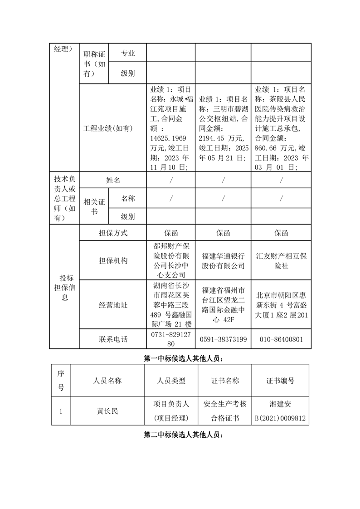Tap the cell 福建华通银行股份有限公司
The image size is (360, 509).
pos(223,260)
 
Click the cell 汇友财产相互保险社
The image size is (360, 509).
pos(281,260)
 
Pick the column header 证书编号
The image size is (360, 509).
pos(280,381)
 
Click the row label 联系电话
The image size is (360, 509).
pos(113,339)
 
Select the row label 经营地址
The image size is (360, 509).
pos(113,305)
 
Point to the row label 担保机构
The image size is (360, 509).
pos(113,260)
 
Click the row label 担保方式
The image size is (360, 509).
pos(113,233)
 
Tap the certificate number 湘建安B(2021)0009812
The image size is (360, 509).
pos(280,411)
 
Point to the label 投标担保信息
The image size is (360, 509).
pos(64,288)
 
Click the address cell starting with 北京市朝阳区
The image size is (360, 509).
pos(281,305)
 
